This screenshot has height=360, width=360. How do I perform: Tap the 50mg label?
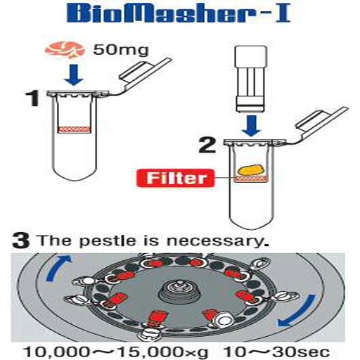pyautogui.click(x=121, y=50)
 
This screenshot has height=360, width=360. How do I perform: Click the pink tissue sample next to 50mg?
pyautogui.click(x=65, y=50)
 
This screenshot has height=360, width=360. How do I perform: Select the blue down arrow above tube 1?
pyautogui.click(x=74, y=75)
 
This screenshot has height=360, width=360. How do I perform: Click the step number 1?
pyautogui.click(x=33, y=98)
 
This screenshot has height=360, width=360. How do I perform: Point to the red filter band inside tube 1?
pyautogui.click(x=74, y=129)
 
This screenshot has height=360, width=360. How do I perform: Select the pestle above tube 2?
pyautogui.click(x=251, y=79)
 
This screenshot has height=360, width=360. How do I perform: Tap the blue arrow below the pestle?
pyautogui.click(x=251, y=126)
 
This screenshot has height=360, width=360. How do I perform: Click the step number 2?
pyautogui.click(x=207, y=146)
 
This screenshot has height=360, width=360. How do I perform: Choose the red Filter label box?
pyautogui.click(x=176, y=178)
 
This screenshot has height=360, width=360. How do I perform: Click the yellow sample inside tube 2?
pyautogui.click(x=250, y=169)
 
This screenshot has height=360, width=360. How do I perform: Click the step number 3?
pyautogui.click(x=20, y=240)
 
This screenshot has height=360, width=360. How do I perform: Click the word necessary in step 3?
pyautogui.click(x=218, y=242)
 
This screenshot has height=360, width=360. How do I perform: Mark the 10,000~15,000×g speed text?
pyautogui.click(x=116, y=352)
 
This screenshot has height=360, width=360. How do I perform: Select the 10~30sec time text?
pyautogui.click(x=277, y=352)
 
